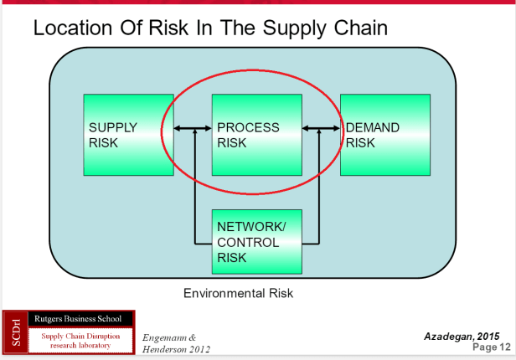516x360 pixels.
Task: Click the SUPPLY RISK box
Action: [128, 135]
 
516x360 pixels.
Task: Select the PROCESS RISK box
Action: [256, 135]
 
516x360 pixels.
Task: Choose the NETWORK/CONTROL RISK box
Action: [256, 241]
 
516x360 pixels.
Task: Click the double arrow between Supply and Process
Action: [193, 128]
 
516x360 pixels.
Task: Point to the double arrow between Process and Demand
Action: [321, 128]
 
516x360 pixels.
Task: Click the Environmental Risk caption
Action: [239, 294]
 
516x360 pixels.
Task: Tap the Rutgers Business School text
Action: [79, 319]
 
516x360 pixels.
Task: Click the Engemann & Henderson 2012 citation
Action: [177, 342]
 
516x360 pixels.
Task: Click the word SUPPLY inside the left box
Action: [112, 127]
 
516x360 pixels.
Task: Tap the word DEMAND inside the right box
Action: [373, 127]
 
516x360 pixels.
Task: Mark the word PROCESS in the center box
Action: [248, 127]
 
